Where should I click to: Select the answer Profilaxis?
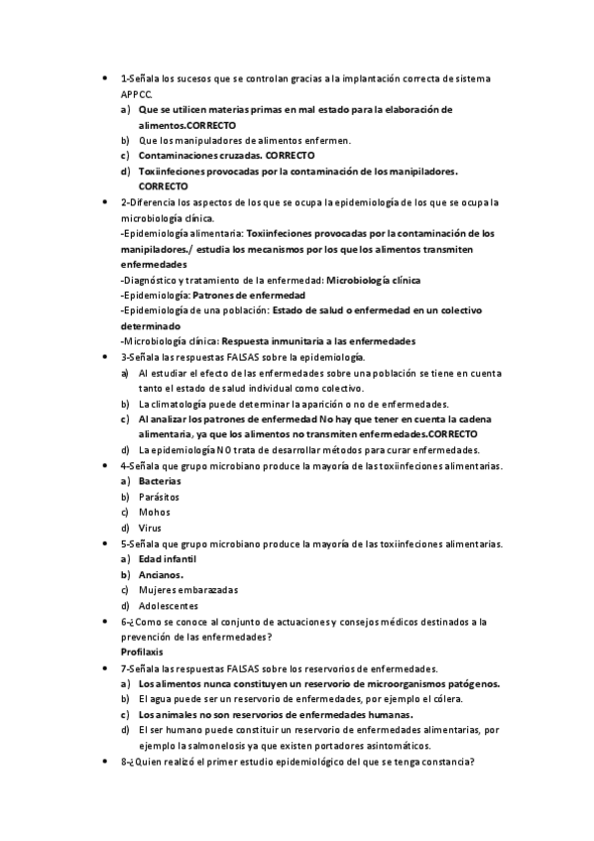pos(141,653)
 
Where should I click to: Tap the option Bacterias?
pos(161,481)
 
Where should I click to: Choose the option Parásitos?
pos(160,497)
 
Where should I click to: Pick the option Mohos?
pos(154,512)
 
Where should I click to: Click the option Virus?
pos(150,528)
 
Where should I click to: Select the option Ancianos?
pos(161,574)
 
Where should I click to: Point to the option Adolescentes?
pos(169,606)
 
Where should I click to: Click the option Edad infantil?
pos(168,559)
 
